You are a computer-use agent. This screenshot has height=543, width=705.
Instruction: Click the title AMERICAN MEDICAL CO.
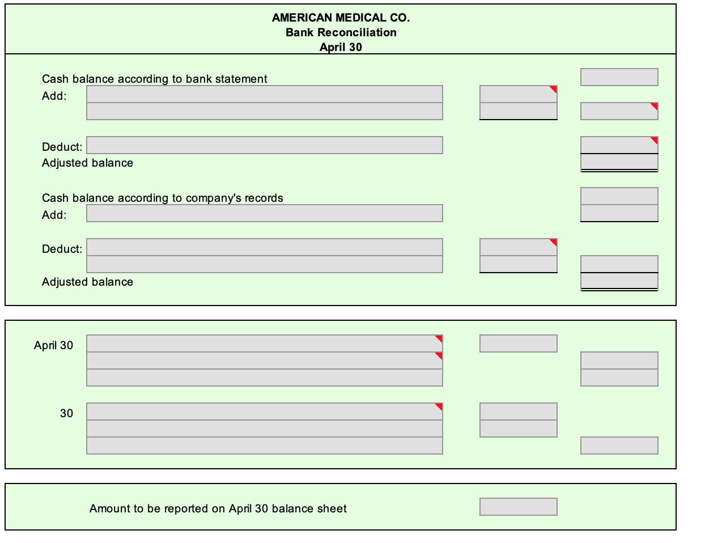(x=341, y=18)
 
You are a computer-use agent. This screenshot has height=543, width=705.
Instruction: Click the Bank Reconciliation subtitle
(x=341, y=32)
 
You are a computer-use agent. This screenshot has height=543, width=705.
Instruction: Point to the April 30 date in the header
(x=341, y=47)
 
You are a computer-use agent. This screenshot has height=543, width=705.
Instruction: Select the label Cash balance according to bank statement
(x=154, y=79)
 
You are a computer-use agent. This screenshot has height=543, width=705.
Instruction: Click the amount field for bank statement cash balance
(x=619, y=77)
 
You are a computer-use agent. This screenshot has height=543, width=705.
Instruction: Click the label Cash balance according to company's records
(x=162, y=198)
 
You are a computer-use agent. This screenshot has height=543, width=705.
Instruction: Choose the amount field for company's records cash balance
(x=619, y=196)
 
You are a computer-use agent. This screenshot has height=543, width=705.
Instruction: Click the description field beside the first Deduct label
(x=264, y=145)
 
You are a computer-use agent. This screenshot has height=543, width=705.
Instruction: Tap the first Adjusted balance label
(x=87, y=163)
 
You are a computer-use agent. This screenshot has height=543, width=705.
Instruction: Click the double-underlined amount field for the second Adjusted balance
(x=619, y=281)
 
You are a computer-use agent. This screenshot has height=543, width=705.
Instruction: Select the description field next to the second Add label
(x=264, y=213)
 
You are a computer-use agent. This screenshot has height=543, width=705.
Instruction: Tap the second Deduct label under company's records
(x=62, y=249)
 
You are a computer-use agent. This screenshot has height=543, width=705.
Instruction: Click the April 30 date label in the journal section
(x=53, y=345)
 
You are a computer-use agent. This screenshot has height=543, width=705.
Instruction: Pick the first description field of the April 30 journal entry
(x=264, y=343)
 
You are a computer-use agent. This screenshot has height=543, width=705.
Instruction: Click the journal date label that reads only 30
(x=66, y=413)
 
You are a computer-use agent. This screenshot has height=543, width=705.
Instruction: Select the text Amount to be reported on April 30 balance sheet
(x=218, y=508)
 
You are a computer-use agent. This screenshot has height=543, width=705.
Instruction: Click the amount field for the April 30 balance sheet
(x=518, y=507)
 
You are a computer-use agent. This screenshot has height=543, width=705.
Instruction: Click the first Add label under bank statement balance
(x=54, y=96)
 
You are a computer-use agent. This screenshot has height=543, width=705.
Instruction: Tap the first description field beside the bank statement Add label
(x=264, y=94)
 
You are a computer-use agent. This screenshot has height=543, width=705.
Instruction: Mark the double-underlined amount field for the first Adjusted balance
(x=619, y=162)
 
